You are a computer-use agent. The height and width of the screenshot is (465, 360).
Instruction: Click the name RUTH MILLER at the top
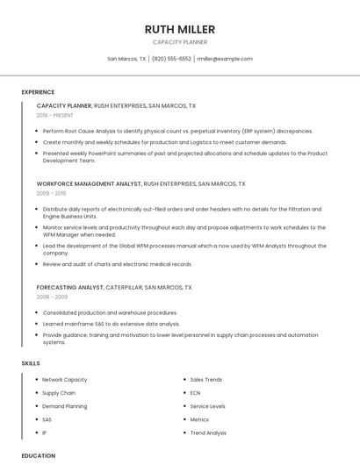pyautogui.click(x=180, y=30)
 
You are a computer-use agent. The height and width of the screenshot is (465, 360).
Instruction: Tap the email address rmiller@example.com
pyautogui.click(x=225, y=59)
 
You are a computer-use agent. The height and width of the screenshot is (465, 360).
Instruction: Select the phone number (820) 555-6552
pyautogui.click(x=171, y=59)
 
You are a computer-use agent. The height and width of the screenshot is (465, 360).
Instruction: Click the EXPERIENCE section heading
pyautogui.click(x=38, y=92)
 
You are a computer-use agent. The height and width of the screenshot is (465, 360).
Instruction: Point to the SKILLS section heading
pyautogui.click(x=31, y=363)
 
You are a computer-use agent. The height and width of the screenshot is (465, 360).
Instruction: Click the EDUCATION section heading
pyautogui.click(x=39, y=455)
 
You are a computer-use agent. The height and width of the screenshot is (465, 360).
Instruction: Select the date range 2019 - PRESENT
pyautogui.click(x=55, y=115)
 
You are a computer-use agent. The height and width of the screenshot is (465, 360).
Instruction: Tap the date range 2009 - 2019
pyautogui.click(x=51, y=193)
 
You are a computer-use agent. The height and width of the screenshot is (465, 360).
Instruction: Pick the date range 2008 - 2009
pyautogui.click(x=52, y=297)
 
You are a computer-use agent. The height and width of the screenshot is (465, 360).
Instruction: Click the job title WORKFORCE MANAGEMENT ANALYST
pyautogui.click(x=89, y=184)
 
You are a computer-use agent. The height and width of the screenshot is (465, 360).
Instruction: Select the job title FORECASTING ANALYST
pyautogui.click(x=70, y=288)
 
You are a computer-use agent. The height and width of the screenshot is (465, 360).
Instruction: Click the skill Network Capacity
pyautogui.click(x=65, y=380)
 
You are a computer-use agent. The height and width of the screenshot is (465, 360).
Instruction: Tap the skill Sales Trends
pyautogui.click(x=206, y=380)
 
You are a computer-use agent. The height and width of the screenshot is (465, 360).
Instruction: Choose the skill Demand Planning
pyautogui.click(x=65, y=406)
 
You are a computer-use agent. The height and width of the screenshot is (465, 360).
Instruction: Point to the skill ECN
pyautogui.click(x=195, y=393)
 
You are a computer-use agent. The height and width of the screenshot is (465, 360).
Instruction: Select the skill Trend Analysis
pyautogui.click(x=208, y=433)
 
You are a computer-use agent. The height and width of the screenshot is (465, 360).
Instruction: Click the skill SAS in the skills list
pyautogui.click(x=47, y=419)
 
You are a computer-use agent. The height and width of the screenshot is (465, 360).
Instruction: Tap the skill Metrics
pyautogui.click(x=199, y=419)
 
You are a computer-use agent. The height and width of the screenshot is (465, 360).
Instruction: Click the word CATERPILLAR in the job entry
pyautogui.click(x=124, y=288)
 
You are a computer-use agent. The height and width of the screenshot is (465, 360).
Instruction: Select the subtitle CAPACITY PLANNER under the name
pyautogui.click(x=180, y=42)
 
